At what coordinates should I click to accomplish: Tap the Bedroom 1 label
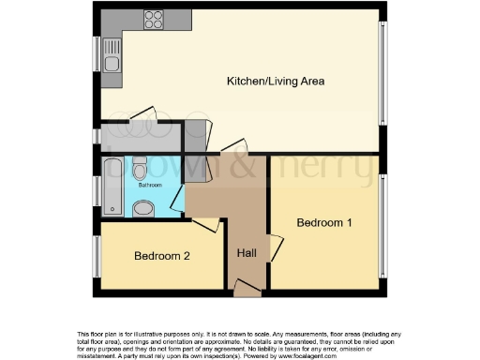[324, 223]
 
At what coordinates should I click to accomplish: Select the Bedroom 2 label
[162, 256]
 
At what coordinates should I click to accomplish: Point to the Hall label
[247, 253]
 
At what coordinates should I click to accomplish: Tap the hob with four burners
[153, 19]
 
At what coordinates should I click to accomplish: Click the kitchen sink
[112, 64]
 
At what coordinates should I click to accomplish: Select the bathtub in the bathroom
[111, 185]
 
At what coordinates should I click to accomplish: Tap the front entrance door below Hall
[247, 288]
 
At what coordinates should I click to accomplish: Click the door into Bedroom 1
[275, 247]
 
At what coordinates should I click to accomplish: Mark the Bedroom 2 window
[96, 255]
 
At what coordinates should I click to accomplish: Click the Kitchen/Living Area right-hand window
[382, 72]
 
